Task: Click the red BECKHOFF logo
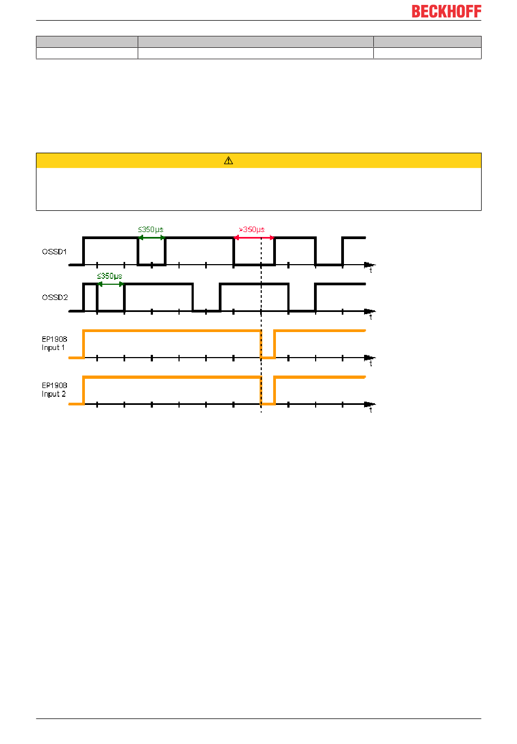coord(446,11)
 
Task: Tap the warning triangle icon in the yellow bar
coord(229,161)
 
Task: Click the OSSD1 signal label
coord(54,252)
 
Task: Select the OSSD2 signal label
coord(55,297)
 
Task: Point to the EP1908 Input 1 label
coord(54,343)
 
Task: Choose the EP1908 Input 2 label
coord(54,390)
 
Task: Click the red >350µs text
coord(252,229)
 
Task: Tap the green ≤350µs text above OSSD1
coord(151,229)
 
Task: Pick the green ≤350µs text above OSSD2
coord(109,276)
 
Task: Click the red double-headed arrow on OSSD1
coord(254,237)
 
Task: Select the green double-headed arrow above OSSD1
coord(151,237)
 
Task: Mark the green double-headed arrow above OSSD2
coord(111,284)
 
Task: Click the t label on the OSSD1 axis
coord(371,271)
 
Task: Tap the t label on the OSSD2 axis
coord(371,317)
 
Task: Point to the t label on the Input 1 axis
coord(371,364)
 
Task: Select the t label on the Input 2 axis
coord(371,410)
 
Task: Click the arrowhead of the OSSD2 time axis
coord(370,311)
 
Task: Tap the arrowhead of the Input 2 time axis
coord(370,404)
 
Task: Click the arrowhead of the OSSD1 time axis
coord(370,265)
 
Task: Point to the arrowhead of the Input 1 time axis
coord(370,358)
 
